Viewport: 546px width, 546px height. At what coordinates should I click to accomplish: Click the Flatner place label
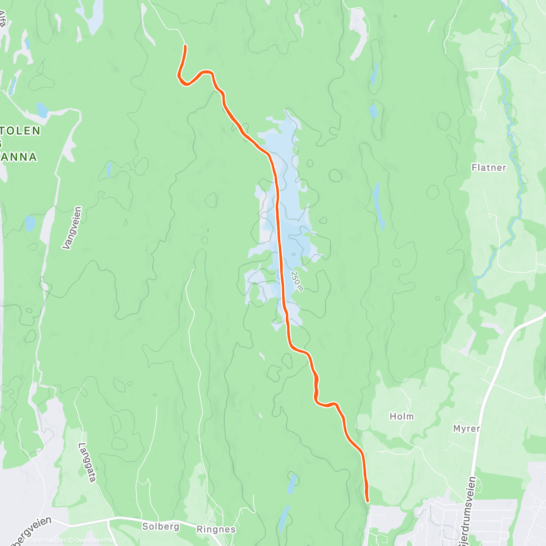(489, 167)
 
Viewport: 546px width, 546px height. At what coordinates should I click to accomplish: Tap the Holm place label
(402, 416)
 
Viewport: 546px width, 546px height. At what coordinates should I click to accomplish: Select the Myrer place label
(466, 429)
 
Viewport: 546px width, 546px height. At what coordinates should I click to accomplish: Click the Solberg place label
(161, 526)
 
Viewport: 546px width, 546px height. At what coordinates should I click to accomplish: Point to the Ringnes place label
(216, 529)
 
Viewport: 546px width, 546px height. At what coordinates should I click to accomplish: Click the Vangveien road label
(72, 228)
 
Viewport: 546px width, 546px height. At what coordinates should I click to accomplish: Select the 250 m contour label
(297, 281)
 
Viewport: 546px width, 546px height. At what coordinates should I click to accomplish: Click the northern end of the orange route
(185, 46)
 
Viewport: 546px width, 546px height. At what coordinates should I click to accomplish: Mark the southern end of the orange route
(367, 501)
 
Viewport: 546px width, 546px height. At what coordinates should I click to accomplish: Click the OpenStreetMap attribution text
(96, 540)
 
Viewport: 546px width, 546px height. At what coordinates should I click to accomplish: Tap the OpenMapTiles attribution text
(48, 540)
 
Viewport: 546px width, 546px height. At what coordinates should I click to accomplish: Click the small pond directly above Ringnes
(292, 483)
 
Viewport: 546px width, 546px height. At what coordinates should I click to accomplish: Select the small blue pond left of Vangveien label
(30, 223)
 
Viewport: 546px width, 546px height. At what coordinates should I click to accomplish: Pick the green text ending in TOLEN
(20, 131)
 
